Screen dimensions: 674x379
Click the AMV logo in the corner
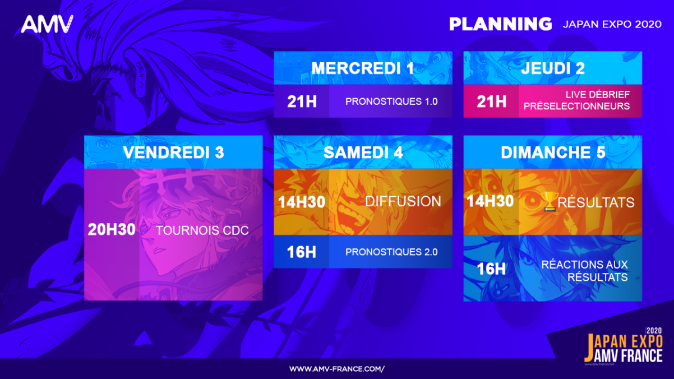[47, 24]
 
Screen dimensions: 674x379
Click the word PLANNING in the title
[500, 24]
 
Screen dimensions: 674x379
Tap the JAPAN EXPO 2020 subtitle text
[612, 24]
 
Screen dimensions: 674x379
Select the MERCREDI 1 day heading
[363, 68]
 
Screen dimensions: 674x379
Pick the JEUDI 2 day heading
[553, 68]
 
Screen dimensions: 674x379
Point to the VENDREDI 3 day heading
[173, 152]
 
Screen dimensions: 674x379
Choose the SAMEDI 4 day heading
[363, 152]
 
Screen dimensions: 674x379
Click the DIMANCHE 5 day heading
[553, 152]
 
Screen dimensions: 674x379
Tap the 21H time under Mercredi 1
[302, 101]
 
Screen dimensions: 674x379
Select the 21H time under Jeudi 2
[491, 101]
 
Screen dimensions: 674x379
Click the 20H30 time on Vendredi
[112, 230]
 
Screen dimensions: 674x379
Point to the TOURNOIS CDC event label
[202, 230]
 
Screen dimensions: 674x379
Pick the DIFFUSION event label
[403, 201]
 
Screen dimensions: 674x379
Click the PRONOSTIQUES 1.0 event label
[391, 101]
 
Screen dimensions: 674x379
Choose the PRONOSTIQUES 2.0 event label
[391, 252]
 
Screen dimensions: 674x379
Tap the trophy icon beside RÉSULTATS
[550, 201]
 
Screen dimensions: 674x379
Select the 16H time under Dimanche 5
[491, 269]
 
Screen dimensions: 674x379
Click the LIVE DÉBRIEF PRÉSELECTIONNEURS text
[576, 100]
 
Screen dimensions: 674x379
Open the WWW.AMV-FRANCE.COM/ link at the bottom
[337, 369]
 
